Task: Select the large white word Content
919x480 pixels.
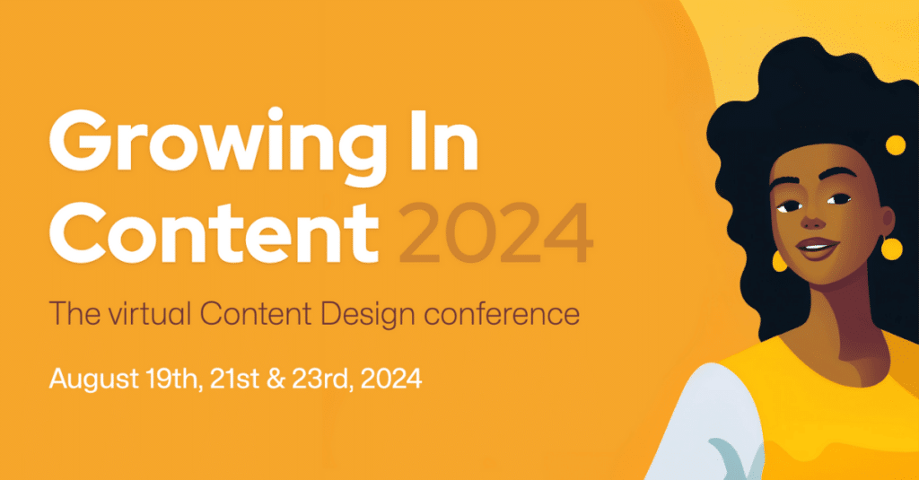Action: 214,232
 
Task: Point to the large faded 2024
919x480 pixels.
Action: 495,233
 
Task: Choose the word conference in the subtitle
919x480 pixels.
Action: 502,313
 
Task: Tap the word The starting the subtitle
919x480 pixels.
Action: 75,313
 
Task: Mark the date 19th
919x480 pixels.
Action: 174,379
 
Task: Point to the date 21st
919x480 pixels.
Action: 234,379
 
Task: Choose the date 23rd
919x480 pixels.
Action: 322,379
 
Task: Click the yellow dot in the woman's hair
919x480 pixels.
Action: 896,145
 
